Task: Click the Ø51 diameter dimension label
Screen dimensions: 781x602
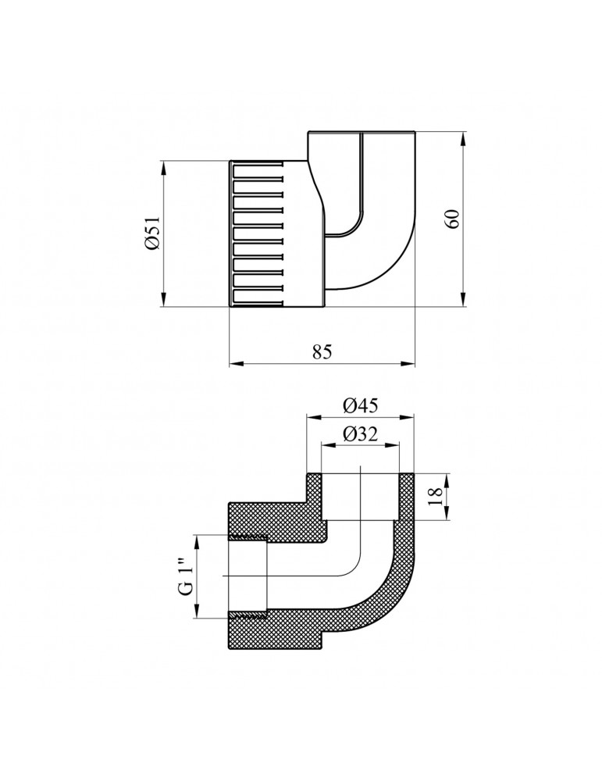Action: [x=151, y=234]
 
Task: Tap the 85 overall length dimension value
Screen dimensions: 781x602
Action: [x=322, y=352]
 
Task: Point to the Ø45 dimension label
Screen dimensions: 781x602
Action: [x=360, y=406]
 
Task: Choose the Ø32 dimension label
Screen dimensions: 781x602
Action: [x=360, y=436]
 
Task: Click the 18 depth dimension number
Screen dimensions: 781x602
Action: [x=436, y=496]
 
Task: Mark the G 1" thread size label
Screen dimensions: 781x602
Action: [x=185, y=577]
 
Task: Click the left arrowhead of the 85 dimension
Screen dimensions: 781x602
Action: [x=235, y=364]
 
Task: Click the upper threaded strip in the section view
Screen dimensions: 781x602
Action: [x=248, y=537]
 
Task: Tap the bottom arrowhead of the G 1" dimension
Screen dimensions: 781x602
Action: [x=199, y=614]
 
